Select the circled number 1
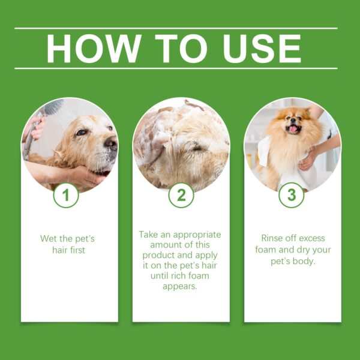tap(66, 195)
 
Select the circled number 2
tap(181, 195)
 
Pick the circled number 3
tap(292, 195)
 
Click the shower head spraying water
tap(52, 109)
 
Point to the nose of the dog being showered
tap(111, 143)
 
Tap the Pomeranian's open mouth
tap(293, 129)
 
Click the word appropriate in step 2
tap(191, 234)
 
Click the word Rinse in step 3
tap(273, 238)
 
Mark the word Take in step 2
tap(149, 234)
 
